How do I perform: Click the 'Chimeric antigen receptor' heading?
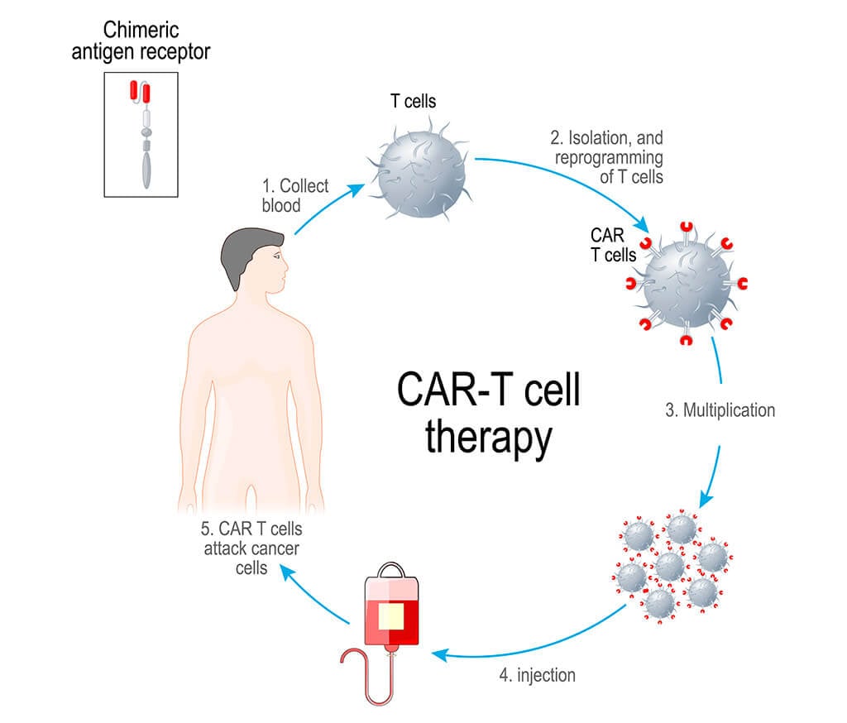tap(156, 41)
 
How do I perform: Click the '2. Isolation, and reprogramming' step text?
tap(607, 156)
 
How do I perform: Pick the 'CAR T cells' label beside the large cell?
tap(613, 245)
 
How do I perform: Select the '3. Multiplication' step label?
tap(720, 409)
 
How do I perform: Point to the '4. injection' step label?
tap(538, 674)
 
